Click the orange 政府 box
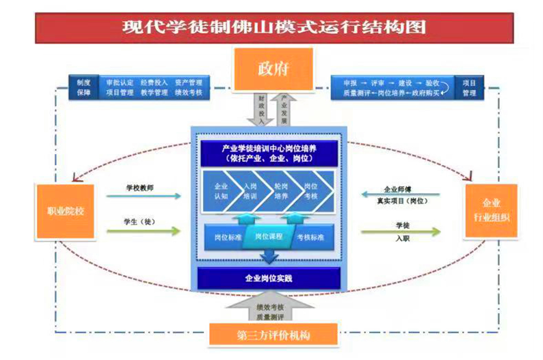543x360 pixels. (272, 70)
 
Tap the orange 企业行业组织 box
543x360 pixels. (491, 211)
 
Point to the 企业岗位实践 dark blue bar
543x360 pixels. (269, 278)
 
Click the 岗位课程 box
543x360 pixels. (269, 237)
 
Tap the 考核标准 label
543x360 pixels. (310, 237)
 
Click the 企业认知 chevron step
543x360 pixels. (221, 191)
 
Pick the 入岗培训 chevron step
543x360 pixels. (250, 191)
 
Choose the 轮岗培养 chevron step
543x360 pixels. (281, 191)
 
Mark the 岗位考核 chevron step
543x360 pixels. (312, 191)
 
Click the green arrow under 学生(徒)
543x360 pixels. (143, 231)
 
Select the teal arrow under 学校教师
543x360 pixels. (143, 196)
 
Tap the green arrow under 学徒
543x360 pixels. (401, 231)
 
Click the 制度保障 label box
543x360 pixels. (83, 87)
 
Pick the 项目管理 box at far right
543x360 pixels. (469, 87)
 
